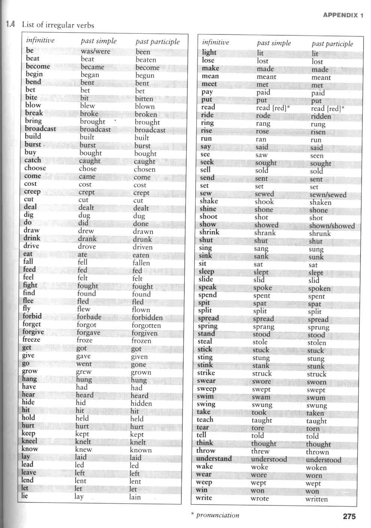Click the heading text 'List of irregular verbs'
58,25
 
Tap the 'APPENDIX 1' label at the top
343,15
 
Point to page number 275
349,516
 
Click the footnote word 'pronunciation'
217,515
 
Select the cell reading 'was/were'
95,51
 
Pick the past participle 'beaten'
146,60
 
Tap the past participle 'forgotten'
146,326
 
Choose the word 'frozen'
141,341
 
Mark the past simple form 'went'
84,364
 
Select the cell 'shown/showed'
332,226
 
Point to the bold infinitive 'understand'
214,459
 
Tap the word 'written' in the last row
316,499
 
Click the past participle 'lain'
135,497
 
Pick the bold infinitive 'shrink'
209,232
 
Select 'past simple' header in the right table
274,43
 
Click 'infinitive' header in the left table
40,40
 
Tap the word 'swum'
316,398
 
